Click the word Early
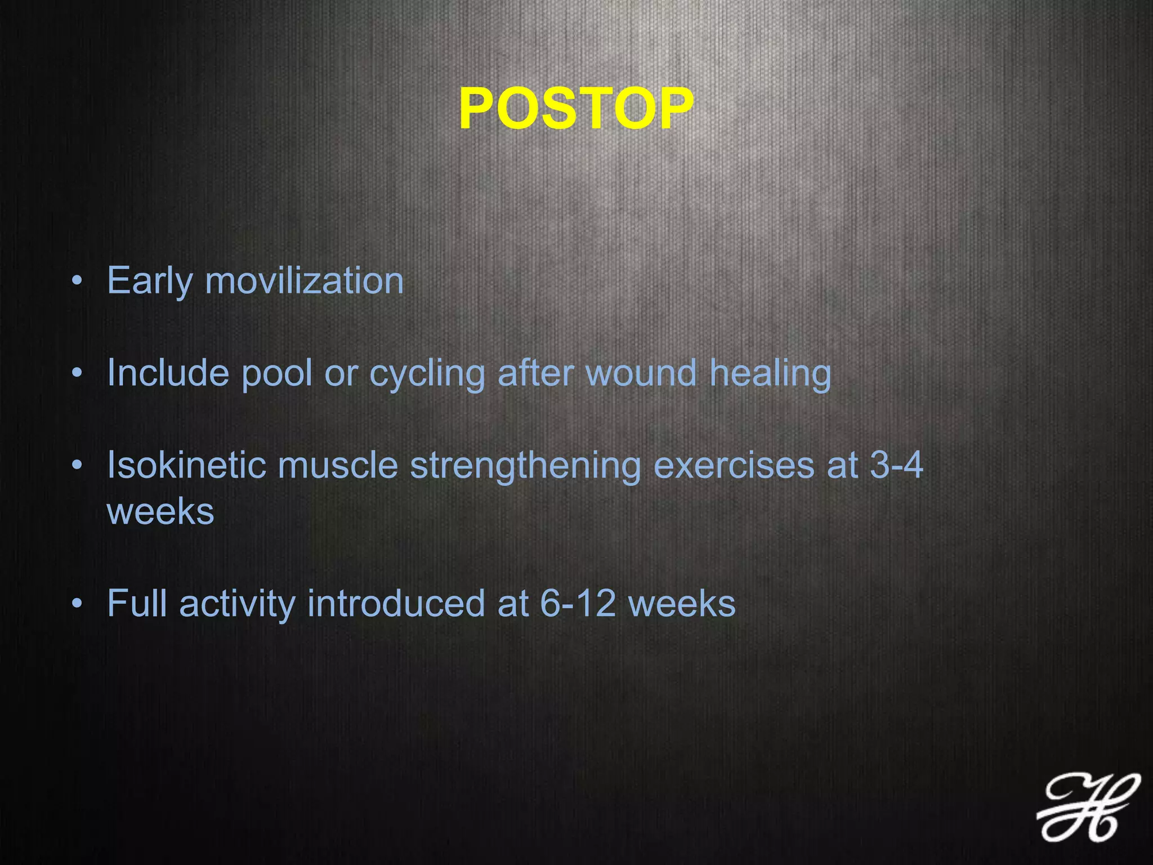pos(149,282)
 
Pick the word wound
pos(641,373)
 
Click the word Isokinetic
pos(186,465)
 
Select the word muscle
pos(337,465)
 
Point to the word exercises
pos(734,465)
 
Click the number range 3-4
pos(896,465)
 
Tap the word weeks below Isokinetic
pos(160,511)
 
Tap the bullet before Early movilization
pos(77,281)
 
